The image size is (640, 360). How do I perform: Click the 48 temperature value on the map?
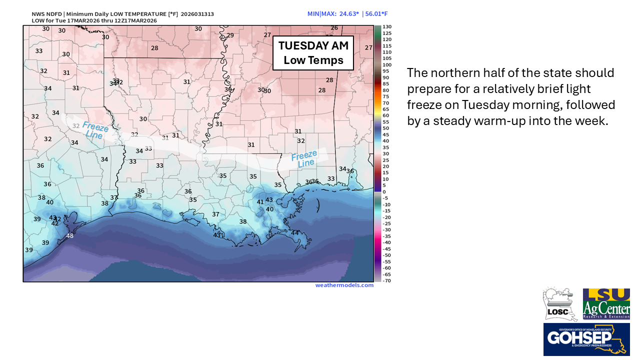[69, 236]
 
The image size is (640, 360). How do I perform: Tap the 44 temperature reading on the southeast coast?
[295, 233]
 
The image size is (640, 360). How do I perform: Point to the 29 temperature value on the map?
[230, 35]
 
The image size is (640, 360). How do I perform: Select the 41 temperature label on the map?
[260, 202]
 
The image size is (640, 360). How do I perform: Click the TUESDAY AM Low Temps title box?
[313, 53]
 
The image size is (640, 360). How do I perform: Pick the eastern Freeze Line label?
[303, 159]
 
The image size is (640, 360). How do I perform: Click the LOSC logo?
[559, 304]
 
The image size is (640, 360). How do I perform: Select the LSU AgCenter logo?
[606, 304]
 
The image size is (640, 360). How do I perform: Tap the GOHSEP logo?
[586, 339]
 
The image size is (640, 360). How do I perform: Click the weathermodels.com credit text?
[344, 285]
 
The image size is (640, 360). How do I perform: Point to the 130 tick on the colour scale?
[387, 26]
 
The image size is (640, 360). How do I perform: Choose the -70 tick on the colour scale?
[387, 280]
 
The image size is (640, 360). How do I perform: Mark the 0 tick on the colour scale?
[384, 191]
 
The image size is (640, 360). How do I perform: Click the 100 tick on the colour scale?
[387, 64]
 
